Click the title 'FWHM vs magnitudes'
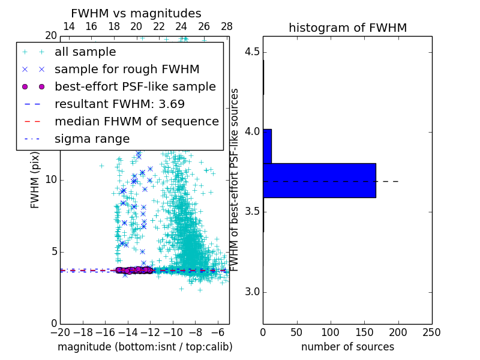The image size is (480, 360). (136, 13)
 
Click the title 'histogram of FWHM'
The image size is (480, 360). (347, 28)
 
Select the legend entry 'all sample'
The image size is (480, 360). (85, 52)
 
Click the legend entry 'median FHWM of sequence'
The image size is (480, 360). (136, 121)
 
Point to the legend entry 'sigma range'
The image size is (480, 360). (92, 139)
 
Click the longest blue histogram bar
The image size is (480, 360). (319, 180)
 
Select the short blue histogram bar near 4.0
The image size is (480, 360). (267, 146)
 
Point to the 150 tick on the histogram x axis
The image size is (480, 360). (364, 332)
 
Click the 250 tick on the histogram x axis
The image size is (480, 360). (431, 332)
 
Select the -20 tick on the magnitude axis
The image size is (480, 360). (60, 332)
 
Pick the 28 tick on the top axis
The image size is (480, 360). (227, 26)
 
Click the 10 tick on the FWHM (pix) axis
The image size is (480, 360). (52, 180)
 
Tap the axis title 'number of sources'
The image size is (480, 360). (347, 347)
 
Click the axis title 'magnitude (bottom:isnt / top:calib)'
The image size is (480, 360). (145, 347)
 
